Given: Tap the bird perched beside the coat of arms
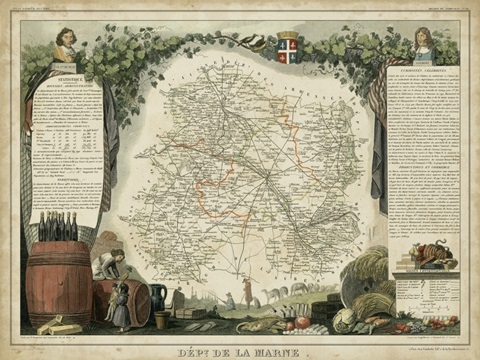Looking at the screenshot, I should [x=260, y=43].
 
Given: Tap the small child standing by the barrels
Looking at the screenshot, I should [x=122, y=308].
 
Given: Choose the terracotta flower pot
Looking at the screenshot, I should [x=162, y=320].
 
